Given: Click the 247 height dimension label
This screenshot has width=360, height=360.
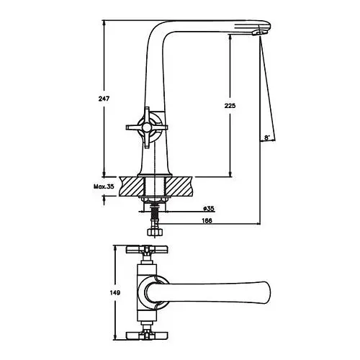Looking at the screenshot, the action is pyautogui.click(x=104, y=99).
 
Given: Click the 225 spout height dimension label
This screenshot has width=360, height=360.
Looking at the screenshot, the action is pyautogui.click(x=230, y=105).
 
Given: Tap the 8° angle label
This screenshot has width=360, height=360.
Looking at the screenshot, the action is pyautogui.click(x=267, y=138).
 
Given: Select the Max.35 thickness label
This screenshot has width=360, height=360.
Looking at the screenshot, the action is pyautogui.click(x=104, y=186).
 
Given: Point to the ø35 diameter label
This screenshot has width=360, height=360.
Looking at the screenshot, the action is pyautogui.click(x=209, y=209).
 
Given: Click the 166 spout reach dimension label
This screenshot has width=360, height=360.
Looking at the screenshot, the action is pyautogui.click(x=207, y=220).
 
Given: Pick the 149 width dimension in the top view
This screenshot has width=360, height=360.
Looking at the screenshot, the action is pyautogui.click(x=115, y=292).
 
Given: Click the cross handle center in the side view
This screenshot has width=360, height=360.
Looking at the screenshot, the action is pyautogui.click(x=146, y=127).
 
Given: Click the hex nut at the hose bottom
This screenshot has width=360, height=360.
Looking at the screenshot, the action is pyautogui.click(x=155, y=233).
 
